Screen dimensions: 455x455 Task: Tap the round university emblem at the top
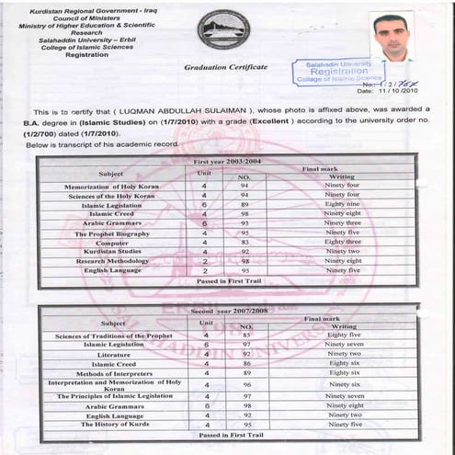coord(222,29)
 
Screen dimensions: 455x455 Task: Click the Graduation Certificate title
coord(226,67)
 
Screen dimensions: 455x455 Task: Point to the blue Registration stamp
coord(339,72)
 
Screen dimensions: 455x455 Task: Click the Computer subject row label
coord(112,243)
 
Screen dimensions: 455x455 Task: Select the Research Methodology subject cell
coord(112,261)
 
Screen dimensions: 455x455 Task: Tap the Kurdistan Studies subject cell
coord(112,252)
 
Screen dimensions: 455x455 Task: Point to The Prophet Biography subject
coord(112,233)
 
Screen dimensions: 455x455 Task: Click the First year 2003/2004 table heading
coord(226,161)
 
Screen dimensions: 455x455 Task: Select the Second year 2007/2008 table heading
coord(226,313)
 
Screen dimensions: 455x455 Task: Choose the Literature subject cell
coord(113,354)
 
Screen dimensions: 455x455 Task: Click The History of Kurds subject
coord(113,425)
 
